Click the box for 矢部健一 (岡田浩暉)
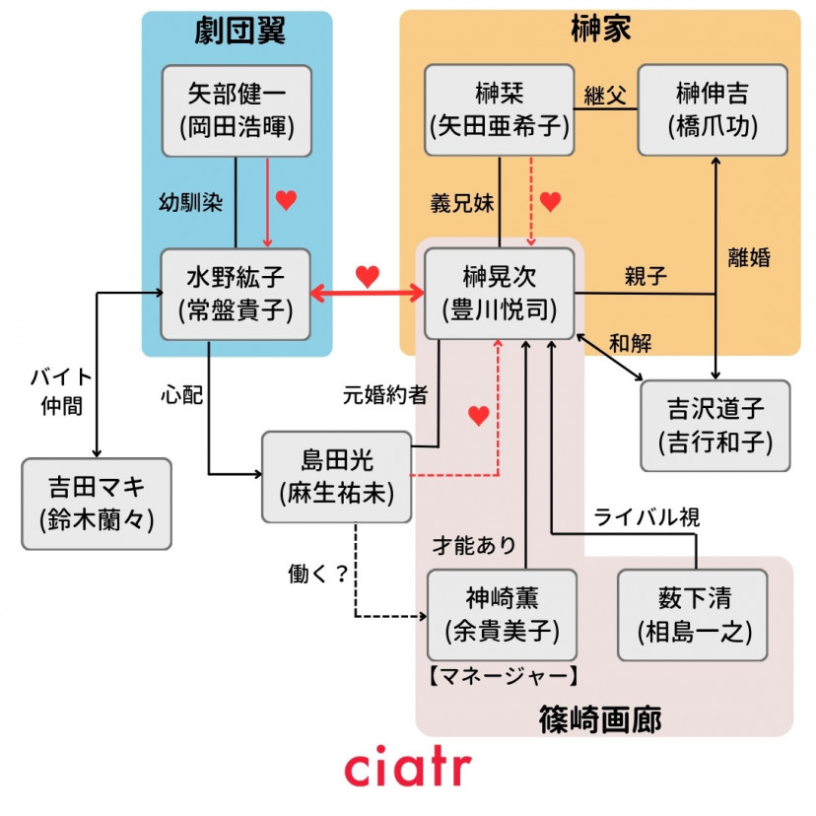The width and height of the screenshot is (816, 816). click(236, 110)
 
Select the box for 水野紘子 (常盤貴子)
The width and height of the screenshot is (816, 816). click(236, 294)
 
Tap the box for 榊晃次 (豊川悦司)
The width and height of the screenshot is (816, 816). click(499, 294)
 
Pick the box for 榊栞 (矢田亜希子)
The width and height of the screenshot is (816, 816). click(499, 110)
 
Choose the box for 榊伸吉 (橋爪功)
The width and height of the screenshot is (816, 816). click(712, 110)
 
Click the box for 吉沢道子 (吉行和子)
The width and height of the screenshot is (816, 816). click(715, 426)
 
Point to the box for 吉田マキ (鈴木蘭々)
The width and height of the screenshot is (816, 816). click(97, 504)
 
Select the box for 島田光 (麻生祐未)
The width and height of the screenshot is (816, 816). click(336, 477)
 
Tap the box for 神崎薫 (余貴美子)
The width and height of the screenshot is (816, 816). click(502, 615)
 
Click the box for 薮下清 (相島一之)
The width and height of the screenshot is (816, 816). click(692, 615)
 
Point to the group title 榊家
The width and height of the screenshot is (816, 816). click(600, 31)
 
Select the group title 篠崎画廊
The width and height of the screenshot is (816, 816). click(599, 718)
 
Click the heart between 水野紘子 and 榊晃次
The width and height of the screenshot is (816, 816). click(367, 277)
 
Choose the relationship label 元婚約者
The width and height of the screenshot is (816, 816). click(384, 395)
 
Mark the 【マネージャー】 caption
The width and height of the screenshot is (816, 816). click(502, 676)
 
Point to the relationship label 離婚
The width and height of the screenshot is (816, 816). click(749, 258)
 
